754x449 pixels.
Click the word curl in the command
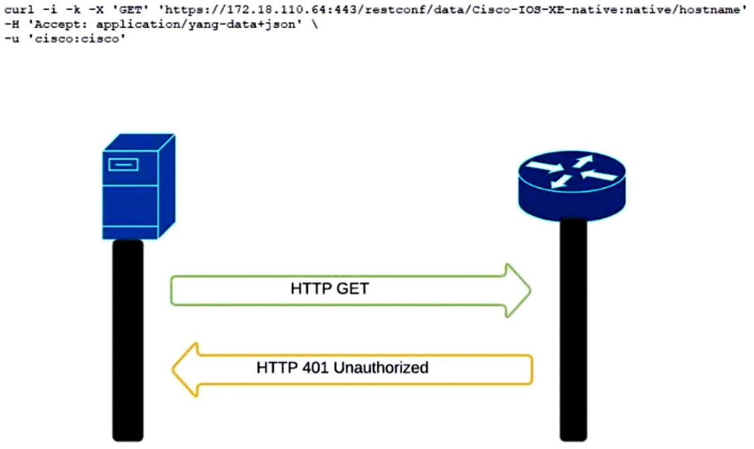pos(19,9)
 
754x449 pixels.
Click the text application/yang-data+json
pos(196,25)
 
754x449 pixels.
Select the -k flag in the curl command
pos(73,9)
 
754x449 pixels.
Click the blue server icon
pos(138,186)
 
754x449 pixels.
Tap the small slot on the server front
pos(123,165)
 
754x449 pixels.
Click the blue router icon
pos(572,186)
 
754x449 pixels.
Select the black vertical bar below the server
pos(128,340)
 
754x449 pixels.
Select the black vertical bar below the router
pos(573,330)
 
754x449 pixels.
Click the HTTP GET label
pos(330,289)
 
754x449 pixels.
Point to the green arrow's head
pos(518,291)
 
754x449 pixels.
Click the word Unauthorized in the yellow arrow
pos(381,368)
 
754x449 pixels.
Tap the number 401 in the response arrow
pos(316,368)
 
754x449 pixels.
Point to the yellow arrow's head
pos(185,370)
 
